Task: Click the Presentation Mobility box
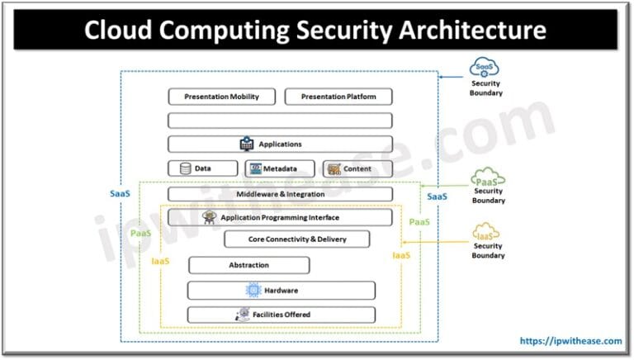[221, 97]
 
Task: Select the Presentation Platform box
[338, 97]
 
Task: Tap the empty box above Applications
[280, 121]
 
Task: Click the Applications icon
[246, 144]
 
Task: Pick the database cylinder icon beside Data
[184, 168]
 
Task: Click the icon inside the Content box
[334, 168]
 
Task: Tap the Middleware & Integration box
[280, 194]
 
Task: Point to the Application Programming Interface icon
[209, 217]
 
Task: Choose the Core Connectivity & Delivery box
[297, 239]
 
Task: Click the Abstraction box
[248, 265]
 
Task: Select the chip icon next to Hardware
[253, 291]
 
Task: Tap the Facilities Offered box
[281, 315]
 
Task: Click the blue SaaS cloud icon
[486, 67]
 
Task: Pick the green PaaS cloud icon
[486, 177]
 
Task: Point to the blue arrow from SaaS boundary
[452, 76]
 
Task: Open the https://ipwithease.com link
[570, 340]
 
